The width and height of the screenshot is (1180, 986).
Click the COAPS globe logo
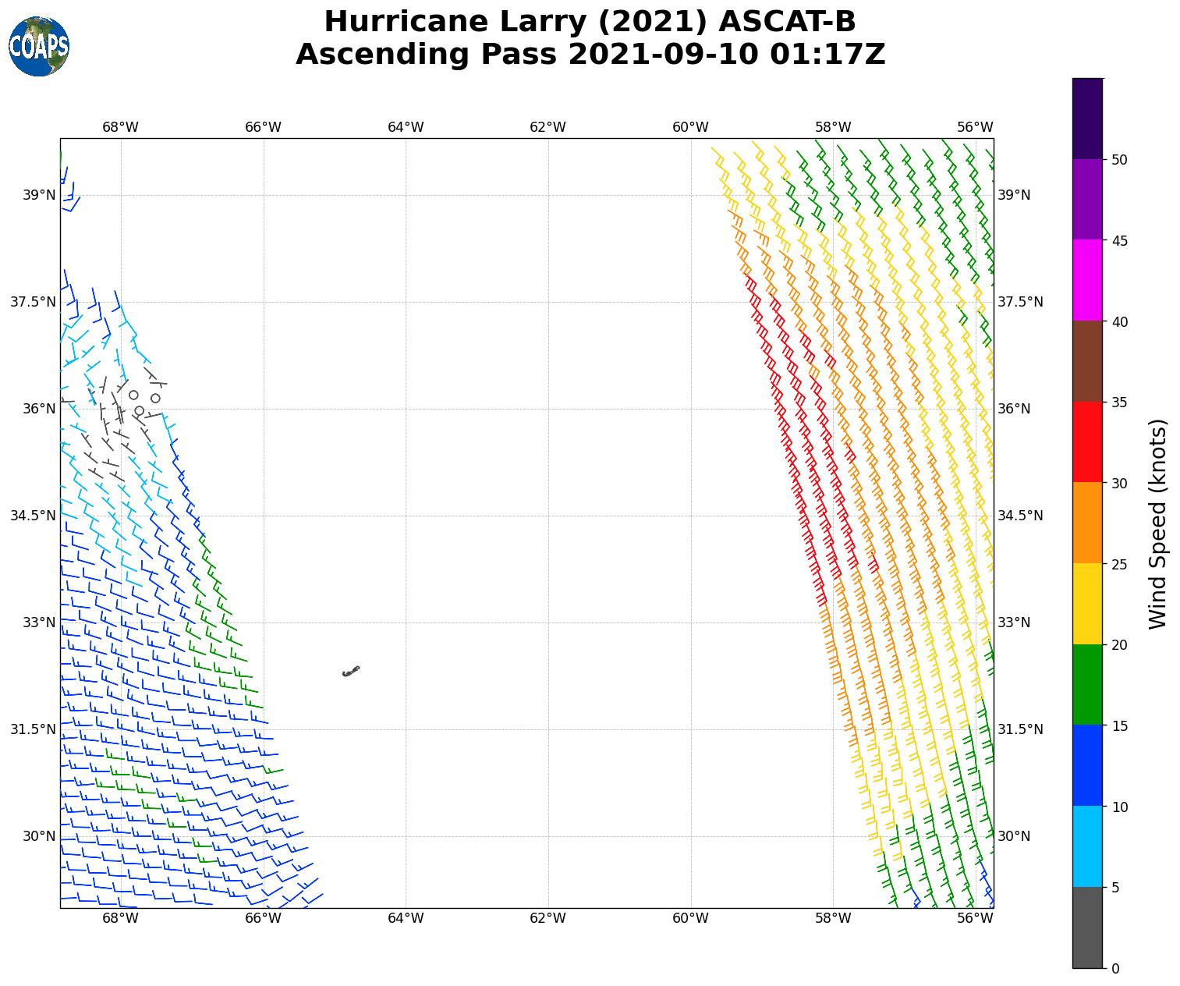click(x=39, y=47)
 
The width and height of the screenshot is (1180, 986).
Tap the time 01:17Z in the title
click(x=827, y=55)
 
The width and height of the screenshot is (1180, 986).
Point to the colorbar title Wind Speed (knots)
click(x=1158, y=523)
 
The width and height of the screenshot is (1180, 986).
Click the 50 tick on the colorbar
click(x=1120, y=160)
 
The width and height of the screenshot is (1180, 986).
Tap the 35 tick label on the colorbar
click(x=1120, y=403)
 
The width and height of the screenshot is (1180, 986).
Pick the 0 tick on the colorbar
click(x=1115, y=969)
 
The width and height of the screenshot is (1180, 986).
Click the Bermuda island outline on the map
click(x=351, y=671)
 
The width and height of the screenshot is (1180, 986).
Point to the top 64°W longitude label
click(x=406, y=127)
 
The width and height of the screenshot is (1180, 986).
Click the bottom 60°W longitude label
click(x=690, y=918)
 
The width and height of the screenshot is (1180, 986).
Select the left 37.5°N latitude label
click(x=33, y=302)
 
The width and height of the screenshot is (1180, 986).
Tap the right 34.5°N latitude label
click(x=1020, y=516)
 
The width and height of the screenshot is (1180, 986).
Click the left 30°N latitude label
click(x=39, y=836)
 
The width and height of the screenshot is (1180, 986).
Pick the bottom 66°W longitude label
click(x=263, y=918)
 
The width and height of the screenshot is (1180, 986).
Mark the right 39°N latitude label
click(x=1014, y=195)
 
